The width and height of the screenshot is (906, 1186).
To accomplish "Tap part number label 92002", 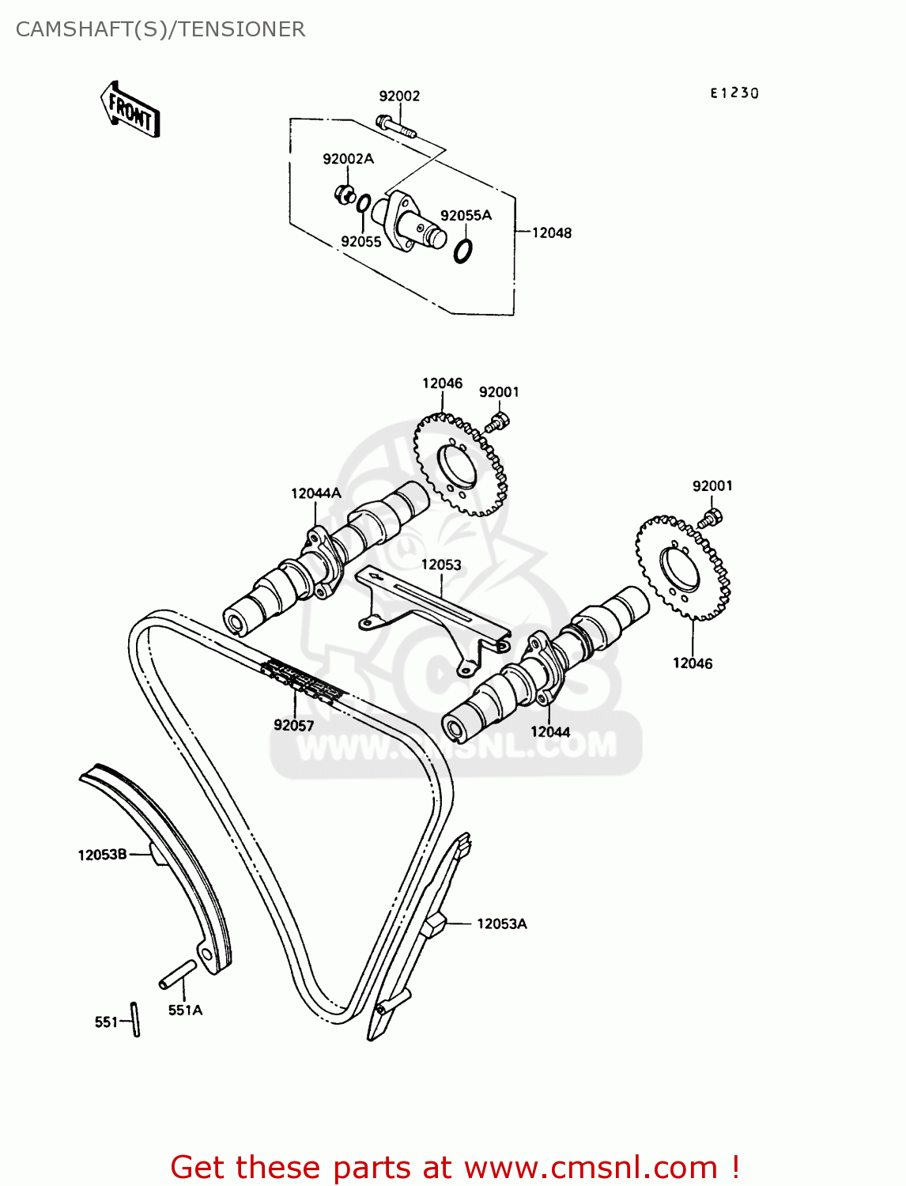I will pyautogui.click(x=399, y=96).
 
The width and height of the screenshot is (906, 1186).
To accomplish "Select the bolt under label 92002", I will pyautogui.click(x=396, y=127).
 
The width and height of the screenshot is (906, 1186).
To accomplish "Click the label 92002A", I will pyautogui.click(x=348, y=159).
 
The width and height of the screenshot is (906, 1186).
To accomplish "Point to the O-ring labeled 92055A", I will pyautogui.click(x=464, y=251).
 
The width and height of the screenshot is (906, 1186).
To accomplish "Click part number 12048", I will pyautogui.click(x=551, y=232).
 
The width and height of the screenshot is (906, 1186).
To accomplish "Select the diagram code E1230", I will pyautogui.click(x=734, y=93).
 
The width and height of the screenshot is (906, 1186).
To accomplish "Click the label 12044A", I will pyautogui.click(x=315, y=493).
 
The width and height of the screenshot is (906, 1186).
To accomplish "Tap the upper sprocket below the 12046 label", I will pyautogui.click(x=461, y=465).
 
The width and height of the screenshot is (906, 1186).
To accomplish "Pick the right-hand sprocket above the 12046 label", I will pyautogui.click(x=681, y=568).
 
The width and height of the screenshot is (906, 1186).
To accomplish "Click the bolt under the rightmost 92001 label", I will pyautogui.click(x=710, y=519).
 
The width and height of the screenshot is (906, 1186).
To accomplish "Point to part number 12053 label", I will pyautogui.click(x=440, y=565).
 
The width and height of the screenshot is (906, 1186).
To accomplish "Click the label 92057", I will pyautogui.click(x=293, y=725).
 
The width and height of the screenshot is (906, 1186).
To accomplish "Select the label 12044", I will pyautogui.click(x=550, y=732).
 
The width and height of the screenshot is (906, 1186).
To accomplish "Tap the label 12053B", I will pyautogui.click(x=102, y=855).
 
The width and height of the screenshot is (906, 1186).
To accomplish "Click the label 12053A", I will pyautogui.click(x=501, y=923).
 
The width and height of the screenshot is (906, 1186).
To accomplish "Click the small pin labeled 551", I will pyautogui.click(x=136, y=1019).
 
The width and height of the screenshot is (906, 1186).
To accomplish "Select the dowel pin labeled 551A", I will pyautogui.click(x=177, y=974).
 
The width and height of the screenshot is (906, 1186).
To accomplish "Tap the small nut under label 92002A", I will pyautogui.click(x=344, y=193).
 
